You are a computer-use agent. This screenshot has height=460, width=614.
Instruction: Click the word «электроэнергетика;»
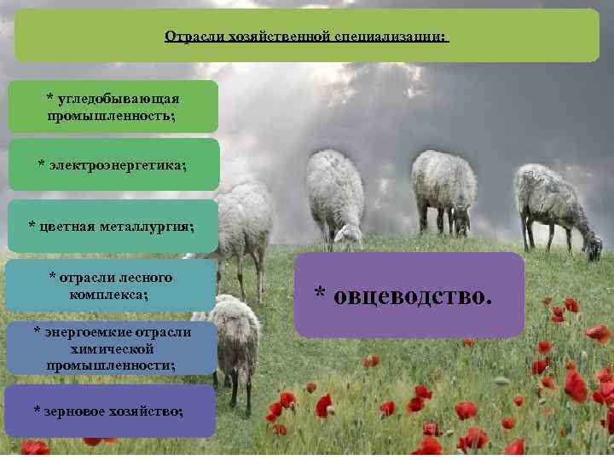tap(116, 163)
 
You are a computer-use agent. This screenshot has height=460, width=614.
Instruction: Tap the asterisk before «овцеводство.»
tap(320, 295)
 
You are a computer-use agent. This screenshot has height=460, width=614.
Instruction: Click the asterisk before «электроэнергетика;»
tap(43, 163)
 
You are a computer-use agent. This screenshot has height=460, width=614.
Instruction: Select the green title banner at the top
tap(307, 36)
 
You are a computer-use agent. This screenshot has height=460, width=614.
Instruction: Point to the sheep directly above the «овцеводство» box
tap(443, 192)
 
